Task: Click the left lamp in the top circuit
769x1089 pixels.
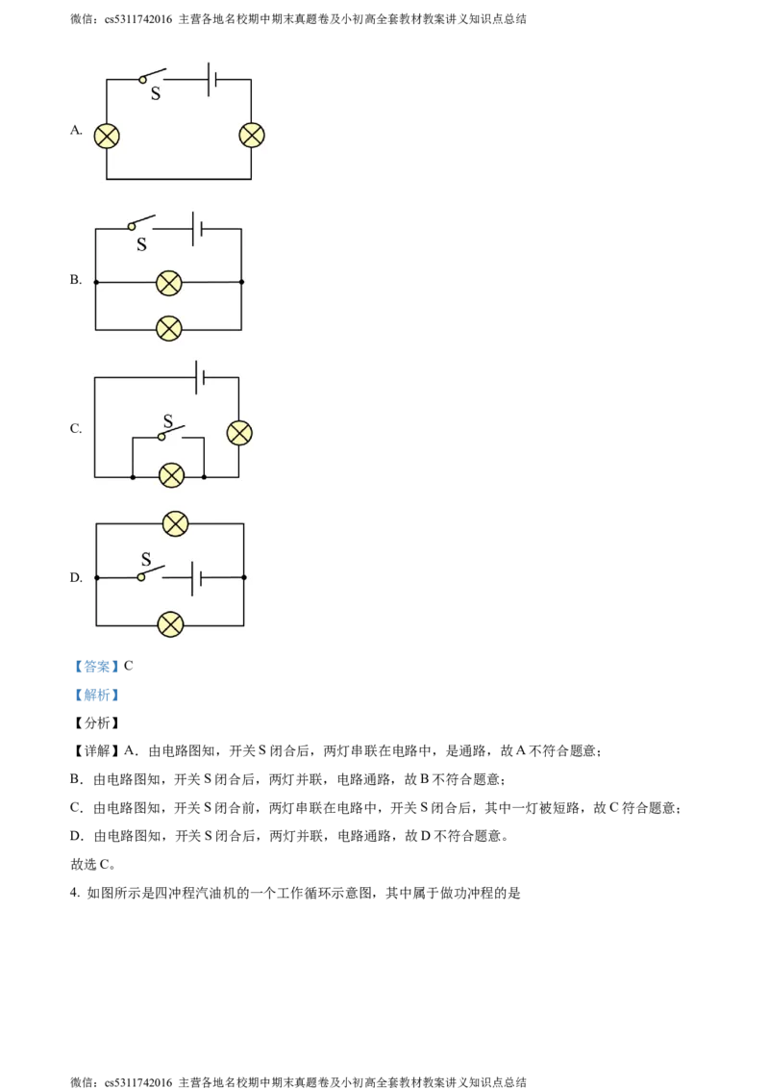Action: click(x=107, y=136)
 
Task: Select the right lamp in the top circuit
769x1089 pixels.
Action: click(x=251, y=135)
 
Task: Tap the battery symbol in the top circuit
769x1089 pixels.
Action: click(x=211, y=79)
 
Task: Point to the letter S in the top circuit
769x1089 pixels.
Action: click(x=156, y=94)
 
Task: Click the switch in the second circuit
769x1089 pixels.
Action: click(x=142, y=223)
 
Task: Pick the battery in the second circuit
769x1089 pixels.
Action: click(x=197, y=229)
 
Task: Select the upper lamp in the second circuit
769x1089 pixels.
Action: click(x=169, y=282)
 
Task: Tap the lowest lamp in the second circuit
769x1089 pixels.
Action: click(x=169, y=329)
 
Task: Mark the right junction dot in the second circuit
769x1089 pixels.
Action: click(x=241, y=282)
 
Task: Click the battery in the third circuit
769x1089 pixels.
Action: click(x=200, y=377)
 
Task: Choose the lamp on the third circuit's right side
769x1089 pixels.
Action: click(x=239, y=433)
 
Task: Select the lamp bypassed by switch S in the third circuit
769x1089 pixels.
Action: click(x=171, y=475)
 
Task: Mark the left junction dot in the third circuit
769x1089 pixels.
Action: click(x=132, y=476)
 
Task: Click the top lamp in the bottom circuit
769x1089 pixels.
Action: click(x=175, y=523)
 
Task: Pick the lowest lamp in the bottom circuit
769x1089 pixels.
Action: click(x=170, y=624)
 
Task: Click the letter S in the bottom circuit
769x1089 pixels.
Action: click(x=146, y=559)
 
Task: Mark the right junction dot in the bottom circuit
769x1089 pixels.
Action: click(x=244, y=577)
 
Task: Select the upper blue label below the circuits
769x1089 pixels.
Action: click(x=96, y=666)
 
